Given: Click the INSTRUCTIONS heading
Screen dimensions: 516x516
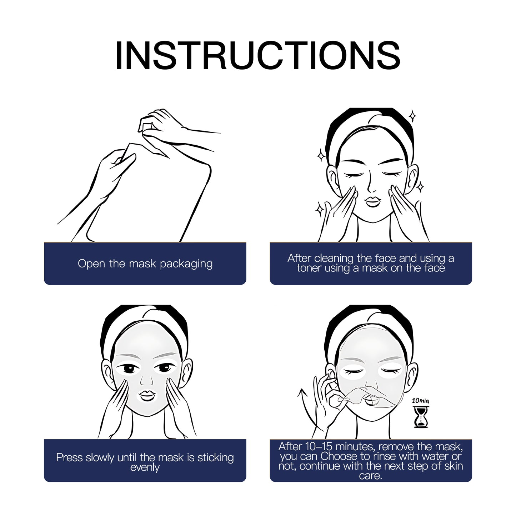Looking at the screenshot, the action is coord(257,55).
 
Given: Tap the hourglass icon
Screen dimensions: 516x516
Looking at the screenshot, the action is coord(421,417).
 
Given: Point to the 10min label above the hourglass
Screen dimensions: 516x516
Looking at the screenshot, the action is coord(420,401).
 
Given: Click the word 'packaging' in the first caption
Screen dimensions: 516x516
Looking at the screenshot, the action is coord(186,264).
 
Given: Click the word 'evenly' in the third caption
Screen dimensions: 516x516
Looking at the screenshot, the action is coord(145,468).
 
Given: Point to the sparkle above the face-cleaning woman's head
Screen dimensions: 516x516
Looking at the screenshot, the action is coord(412,116).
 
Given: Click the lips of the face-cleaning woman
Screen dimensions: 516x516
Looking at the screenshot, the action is coord(372,202).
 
